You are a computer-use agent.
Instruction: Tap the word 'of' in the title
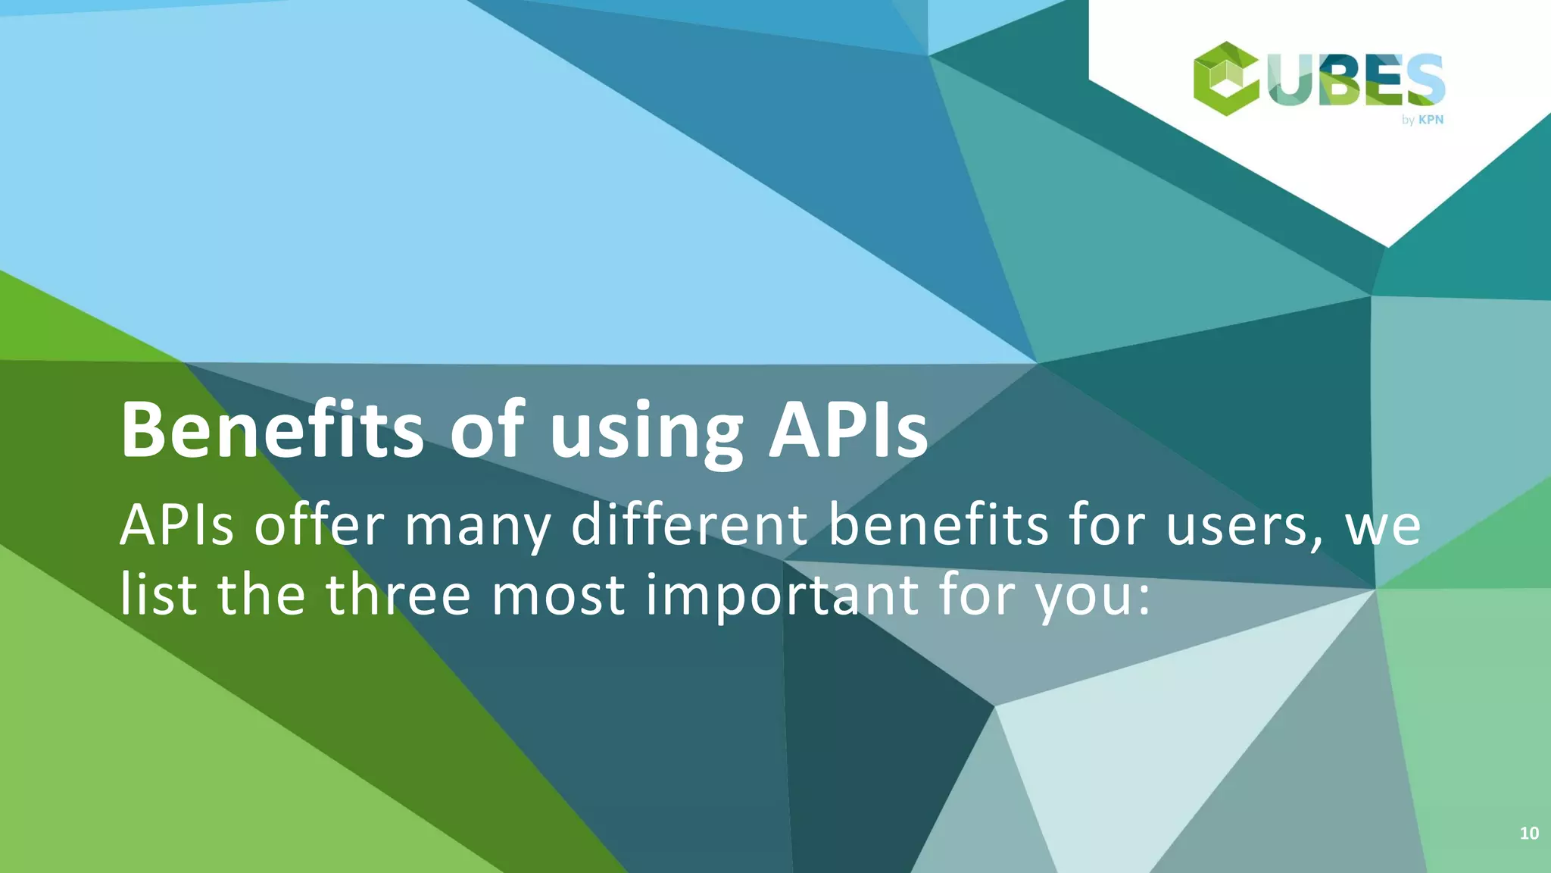click(487, 430)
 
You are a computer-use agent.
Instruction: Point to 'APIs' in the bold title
click(848, 430)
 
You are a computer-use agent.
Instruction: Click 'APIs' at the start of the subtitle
click(176, 524)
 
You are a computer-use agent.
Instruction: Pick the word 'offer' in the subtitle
click(319, 524)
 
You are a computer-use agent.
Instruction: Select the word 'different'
click(690, 524)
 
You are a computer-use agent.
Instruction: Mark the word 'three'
click(398, 594)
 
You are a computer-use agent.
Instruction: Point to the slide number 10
click(1528, 834)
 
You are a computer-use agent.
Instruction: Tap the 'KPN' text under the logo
click(1431, 120)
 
